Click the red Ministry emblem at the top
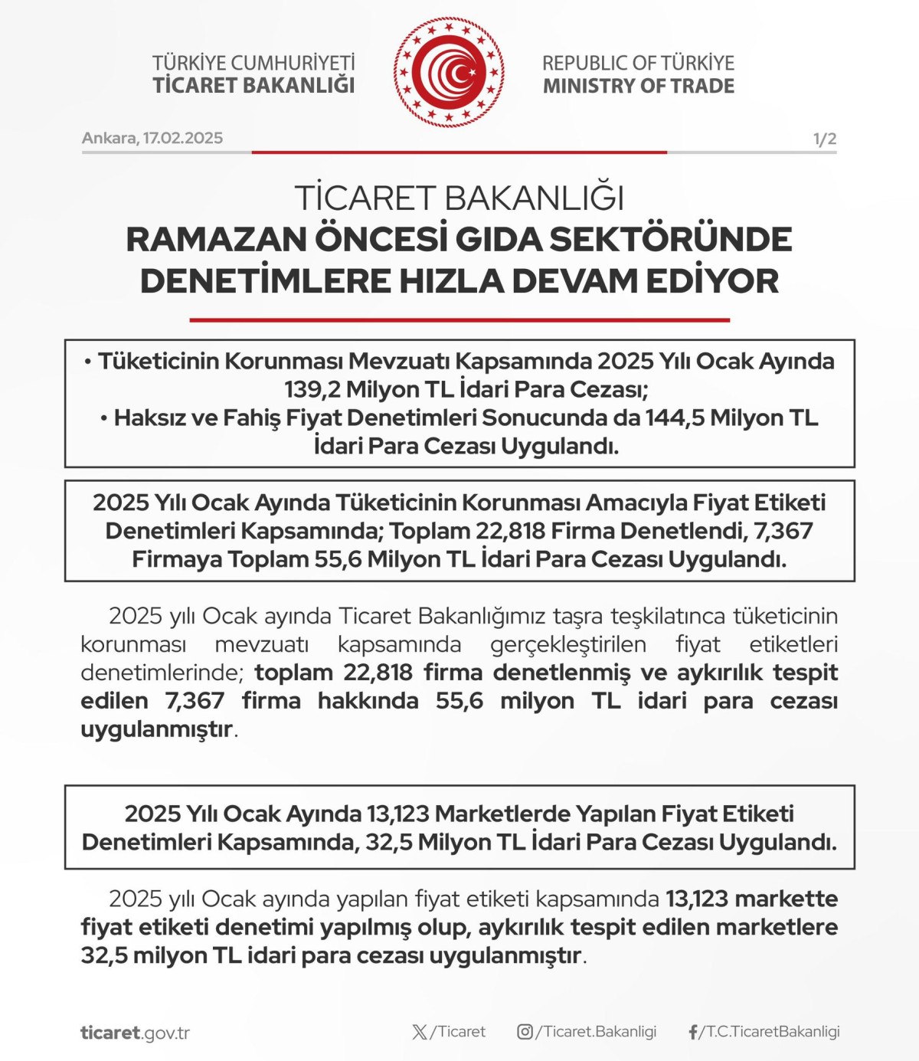[450, 73]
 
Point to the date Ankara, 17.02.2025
[152, 138]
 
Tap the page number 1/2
[824, 139]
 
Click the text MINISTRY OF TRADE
[639, 86]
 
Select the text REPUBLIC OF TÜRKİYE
[639, 63]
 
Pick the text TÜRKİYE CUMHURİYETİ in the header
[253, 63]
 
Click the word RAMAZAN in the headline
[216, 239]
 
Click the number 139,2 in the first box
[312, 389]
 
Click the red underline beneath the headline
[459, 319]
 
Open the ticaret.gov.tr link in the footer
[135, 1033]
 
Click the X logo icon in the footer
[420, 1032]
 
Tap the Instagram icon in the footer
[525, 1032]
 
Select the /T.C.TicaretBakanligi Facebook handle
[770, 1032]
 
